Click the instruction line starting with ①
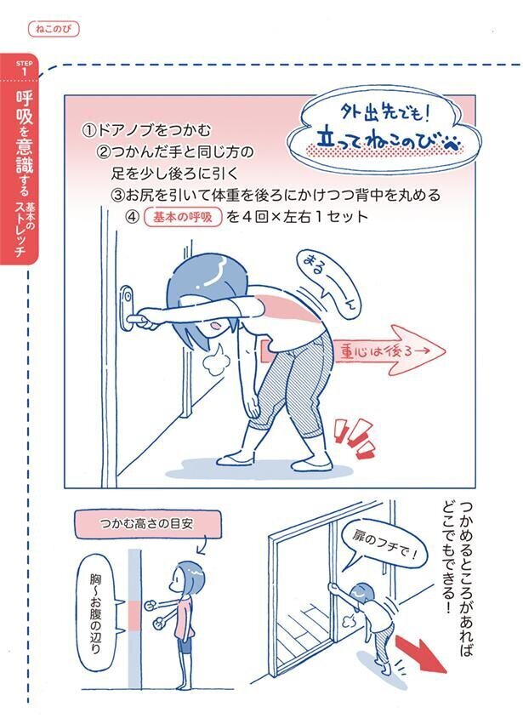145,132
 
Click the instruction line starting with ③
276,195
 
